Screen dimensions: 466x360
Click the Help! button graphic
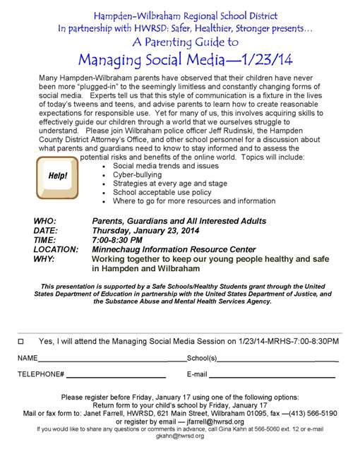click(x=59, y=175)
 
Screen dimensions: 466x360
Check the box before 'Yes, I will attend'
click(x=20, y=341)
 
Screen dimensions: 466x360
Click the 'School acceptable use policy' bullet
click(x=162, y=192)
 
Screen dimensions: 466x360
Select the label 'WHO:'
click(x=45, y=221)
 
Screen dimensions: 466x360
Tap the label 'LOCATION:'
click(x=56, y=249)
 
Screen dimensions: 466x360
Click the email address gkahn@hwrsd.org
click(x=180, y=436)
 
